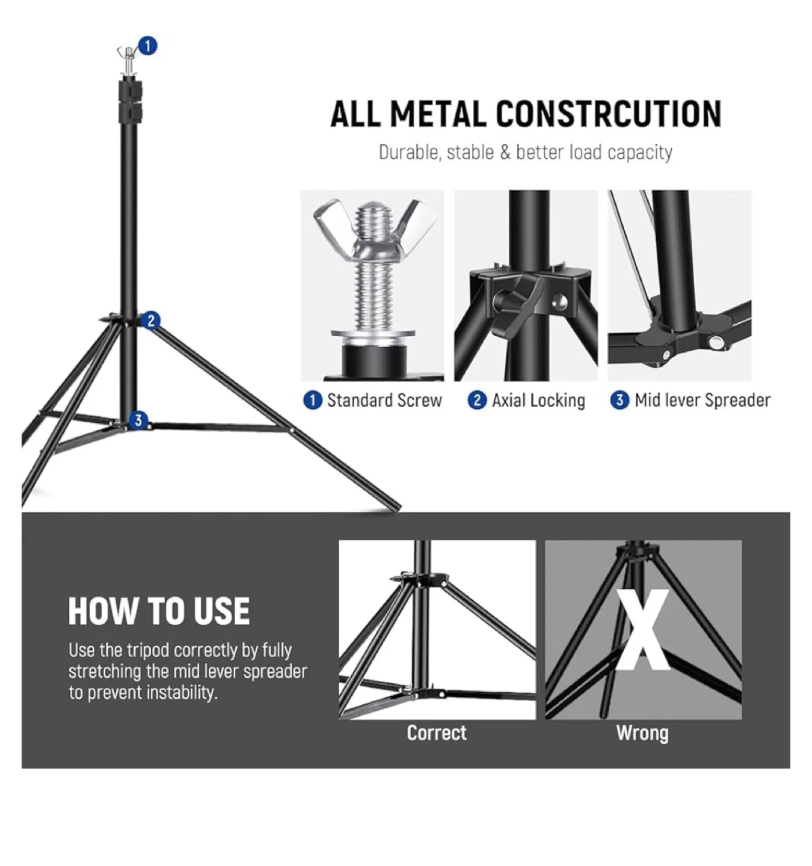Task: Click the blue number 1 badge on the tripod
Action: pos(148,46)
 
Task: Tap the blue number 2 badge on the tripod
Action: pos(151,321)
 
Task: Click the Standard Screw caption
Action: pos(384,401)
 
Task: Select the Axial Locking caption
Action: pos(538,401)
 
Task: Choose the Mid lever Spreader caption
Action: pos(702,401)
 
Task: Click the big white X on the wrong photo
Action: pos(642,630)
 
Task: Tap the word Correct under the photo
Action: pos(437,732)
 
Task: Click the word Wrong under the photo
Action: pos(642,733)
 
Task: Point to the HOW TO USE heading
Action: pos(159,611)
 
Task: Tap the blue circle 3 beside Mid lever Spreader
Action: pos(620,401)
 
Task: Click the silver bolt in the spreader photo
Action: pos(716,343)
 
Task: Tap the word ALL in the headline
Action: pos(355,114)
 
